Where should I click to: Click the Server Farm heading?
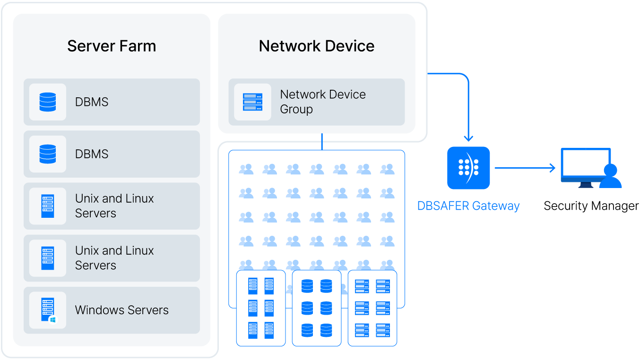click(x=112, y=46)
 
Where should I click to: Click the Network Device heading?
click(x=316, y=46)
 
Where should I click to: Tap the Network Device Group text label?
click(x=323, y=102)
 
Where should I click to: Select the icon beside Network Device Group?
click(x=252, y=102)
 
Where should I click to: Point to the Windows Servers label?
click(x=122, y=310)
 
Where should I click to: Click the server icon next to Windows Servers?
click(x=48, y=310)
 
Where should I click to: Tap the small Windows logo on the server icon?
click(x=53, y=320)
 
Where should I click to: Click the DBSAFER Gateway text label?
click(x=468, y=206)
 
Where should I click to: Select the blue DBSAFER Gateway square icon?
click(x=468, y=168)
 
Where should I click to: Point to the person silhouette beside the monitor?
click(x=610, y=177)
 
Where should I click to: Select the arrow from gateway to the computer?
click(x=525, y=168)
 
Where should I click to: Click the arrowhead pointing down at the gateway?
click(x=468, y=138)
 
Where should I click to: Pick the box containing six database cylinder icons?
click(x=317, y=308)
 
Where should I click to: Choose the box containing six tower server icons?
click(x=261, y=308)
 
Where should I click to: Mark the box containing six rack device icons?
click(x=372, y=308)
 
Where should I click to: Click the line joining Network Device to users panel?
click(x=322, y=142)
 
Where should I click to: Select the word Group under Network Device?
click(x=296, y=109)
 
